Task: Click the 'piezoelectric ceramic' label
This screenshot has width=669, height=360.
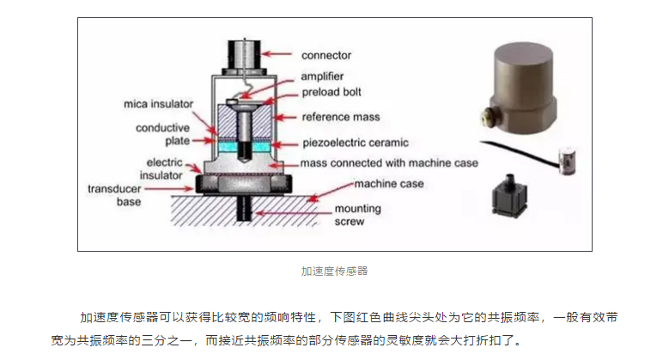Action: tap(357, 142)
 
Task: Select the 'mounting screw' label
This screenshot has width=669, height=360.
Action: tap(352, 215)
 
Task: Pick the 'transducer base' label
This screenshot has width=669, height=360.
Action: tap(119, 196)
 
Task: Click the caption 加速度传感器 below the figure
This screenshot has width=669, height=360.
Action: tap(334, 271)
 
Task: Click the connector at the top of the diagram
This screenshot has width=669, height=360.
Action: tap(246, 55)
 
